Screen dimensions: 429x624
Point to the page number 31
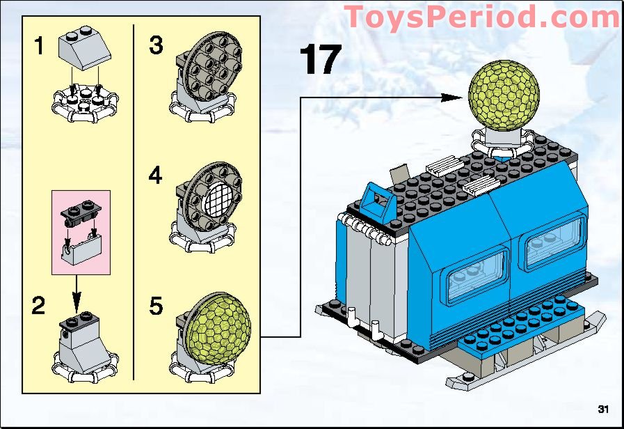602,408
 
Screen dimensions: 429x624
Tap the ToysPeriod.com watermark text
481,17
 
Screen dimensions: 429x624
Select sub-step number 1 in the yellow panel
40,47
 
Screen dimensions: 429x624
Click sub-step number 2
40,304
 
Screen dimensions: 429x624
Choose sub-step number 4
157,175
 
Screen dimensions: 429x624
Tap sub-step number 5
157,306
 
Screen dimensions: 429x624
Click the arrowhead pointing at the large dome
460,97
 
